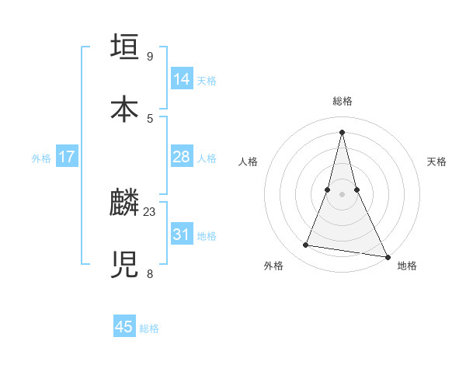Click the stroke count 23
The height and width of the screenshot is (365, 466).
(x=150, y=211)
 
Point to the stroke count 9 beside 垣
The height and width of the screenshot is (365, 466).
(x=150, y=56)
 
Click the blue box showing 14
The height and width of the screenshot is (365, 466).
(x=182, y=79)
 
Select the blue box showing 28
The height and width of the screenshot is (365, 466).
(x=182, y=157)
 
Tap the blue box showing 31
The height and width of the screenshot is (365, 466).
(x=182, y=235)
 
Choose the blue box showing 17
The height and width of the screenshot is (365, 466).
(x=67, y=157)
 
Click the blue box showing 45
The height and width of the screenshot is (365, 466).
(x=124, y=327)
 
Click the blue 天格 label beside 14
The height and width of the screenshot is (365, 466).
(x=207, y=81)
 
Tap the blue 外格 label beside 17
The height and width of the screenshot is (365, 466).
(x=41, y=158)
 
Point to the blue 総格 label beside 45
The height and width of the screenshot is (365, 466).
(x=149, y=328)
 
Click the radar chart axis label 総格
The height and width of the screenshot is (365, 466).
(x=342, y=101)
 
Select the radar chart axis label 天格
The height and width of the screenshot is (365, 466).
(x=436, y=162)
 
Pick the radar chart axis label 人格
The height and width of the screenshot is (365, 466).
(x=248, y=162)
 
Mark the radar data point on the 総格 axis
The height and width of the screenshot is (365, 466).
(x=342, y=131)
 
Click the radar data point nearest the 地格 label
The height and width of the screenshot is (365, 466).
(x=387, y=257)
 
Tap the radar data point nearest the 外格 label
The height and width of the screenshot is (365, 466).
(x=305, y=245)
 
